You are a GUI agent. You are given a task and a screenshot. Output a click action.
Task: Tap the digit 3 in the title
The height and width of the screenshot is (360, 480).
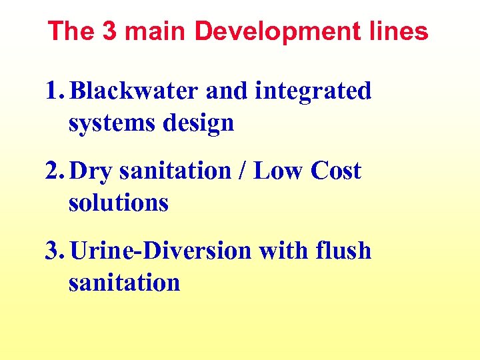(x=110, y=31)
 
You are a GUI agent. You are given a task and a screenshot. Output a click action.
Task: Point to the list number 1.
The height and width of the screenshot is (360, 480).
(x=53, y=91)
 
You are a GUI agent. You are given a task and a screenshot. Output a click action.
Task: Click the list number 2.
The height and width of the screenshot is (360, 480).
(x=53, y=171)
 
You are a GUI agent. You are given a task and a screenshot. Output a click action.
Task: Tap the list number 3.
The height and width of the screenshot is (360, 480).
(x=53, y=251)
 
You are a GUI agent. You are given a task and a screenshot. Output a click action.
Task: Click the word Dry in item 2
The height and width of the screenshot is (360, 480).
(x=91, y=172)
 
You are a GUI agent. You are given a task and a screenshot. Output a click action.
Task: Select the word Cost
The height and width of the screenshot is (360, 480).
(x=336, y=171)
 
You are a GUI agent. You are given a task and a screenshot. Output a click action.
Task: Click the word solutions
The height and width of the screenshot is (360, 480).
(x=118, y=203)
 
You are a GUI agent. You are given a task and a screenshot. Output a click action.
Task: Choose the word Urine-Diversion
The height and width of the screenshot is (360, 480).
(x=160, y=251)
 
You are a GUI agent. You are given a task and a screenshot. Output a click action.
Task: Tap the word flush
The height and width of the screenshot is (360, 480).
(x=345, y=251)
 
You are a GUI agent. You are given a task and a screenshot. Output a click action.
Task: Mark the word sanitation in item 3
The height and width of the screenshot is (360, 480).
(x=124, y=283)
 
